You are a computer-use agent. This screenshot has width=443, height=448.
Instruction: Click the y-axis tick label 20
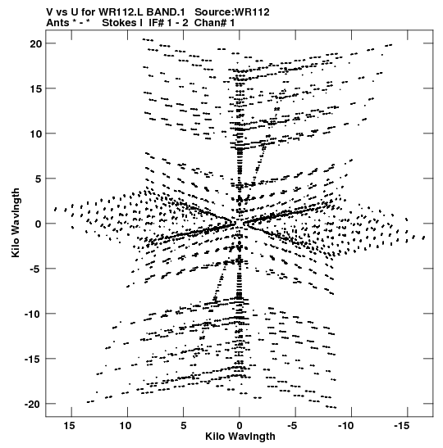click(36, 43)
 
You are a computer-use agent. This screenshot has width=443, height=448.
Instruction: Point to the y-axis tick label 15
click(36, 88)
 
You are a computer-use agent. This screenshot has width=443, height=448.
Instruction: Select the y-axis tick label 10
click(36, 133)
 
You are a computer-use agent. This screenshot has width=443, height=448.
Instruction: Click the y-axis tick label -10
click(33, 314)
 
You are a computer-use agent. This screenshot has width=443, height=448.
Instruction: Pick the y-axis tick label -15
click(33, 360)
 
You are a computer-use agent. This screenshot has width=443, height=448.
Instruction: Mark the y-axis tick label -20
click(33, 405)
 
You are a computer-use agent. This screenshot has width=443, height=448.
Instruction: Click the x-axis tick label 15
click(70, 426)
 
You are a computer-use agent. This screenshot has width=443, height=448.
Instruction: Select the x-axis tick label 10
click(126, 426)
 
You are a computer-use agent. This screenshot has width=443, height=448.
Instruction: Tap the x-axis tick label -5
click(293, 426)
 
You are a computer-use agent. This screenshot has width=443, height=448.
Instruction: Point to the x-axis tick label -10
click(346, 426)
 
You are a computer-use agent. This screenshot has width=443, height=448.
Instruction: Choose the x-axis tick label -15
click(402, 426)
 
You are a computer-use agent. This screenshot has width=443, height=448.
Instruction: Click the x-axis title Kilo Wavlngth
click(240, 437)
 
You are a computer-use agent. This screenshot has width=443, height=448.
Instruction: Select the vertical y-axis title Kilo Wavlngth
click(16, 223)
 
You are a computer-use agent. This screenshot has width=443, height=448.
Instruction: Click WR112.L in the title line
click(121, 12)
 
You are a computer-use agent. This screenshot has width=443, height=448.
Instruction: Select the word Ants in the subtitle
click(57, 23)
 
